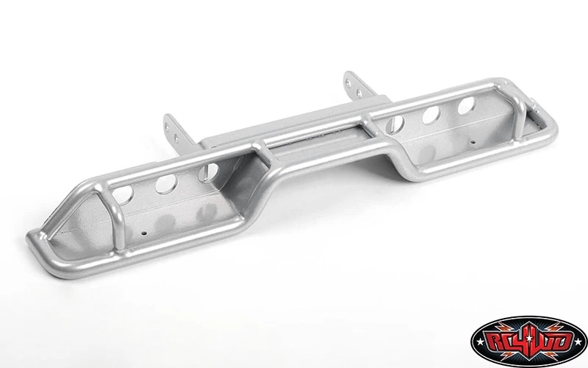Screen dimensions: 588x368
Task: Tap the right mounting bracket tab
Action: (x=357, y=85)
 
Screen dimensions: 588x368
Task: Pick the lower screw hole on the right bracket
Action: (x=359, y=92)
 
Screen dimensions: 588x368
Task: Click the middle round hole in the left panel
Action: (x=166, y=184)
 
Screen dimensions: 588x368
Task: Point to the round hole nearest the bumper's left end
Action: (x=123, y=195)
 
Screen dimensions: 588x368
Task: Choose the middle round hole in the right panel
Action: (x=431, y=115)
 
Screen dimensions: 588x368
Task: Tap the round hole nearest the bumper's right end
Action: (x=466, y=105)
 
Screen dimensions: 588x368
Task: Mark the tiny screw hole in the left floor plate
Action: (x=143, y=233)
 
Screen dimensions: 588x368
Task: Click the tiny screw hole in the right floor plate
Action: (x=473, y=142)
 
